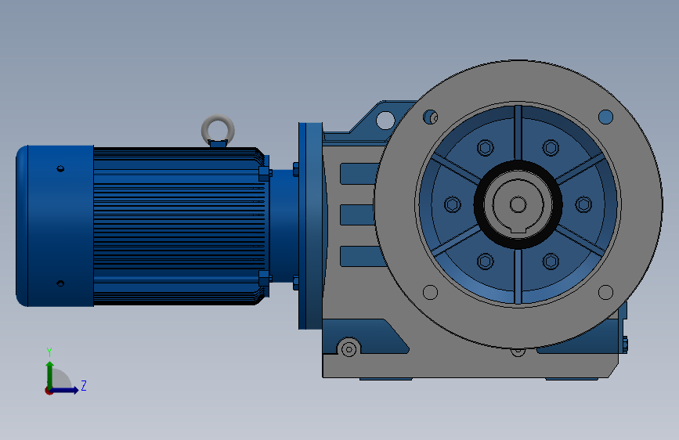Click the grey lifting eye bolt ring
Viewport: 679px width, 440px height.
tap(218, 117)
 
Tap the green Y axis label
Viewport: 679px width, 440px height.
tap(49, 352)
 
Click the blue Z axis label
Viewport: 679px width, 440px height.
tap(84, 385)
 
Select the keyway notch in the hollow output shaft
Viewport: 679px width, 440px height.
tap(518, 229)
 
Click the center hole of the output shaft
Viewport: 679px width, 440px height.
tap(518, 204)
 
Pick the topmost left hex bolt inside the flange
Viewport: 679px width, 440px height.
tap(486, 148)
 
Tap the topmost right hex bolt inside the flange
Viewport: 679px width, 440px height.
tap(551, 148)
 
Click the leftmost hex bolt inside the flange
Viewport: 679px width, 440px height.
tap(453, 204)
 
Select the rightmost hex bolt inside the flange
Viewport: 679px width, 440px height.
tap(583, 204)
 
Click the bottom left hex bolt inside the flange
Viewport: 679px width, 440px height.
tap(486, 261)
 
